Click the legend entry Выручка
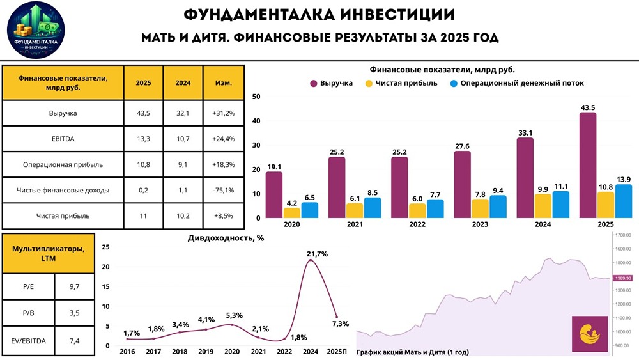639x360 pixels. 330,83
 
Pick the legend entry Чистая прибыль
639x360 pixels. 401,83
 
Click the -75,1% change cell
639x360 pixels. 223,190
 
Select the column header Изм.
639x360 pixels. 223,83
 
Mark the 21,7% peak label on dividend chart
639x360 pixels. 318,254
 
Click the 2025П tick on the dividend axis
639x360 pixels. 336,352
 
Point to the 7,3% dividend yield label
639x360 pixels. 341,324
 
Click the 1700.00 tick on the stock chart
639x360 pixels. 624,235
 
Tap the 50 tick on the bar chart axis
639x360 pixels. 256,97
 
